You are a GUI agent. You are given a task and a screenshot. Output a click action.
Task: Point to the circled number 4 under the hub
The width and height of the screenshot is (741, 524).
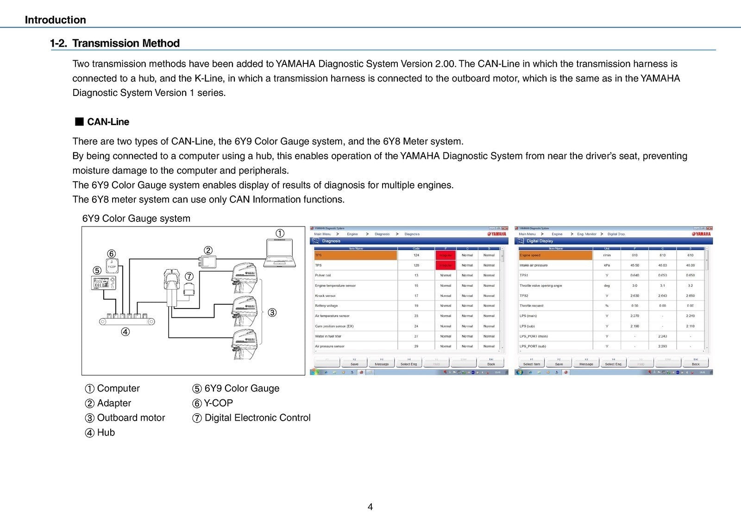click(x=125, y=332)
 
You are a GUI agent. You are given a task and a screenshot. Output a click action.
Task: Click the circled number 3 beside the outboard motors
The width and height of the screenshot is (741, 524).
click(x=272, y=313)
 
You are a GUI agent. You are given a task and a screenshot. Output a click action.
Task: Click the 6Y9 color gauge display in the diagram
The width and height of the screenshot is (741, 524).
click(x=104, y=283)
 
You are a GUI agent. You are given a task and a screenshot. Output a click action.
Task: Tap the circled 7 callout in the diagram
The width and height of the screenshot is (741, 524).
click(x=189, y=277)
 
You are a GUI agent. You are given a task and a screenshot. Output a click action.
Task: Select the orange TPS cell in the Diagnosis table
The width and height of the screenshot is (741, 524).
click(x=356, y=255)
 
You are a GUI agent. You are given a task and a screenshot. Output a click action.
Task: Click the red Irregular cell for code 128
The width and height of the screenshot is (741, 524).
click(x=446, y=265)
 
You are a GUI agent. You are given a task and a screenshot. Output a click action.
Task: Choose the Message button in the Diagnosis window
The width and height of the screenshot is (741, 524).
click(x=382, y=363)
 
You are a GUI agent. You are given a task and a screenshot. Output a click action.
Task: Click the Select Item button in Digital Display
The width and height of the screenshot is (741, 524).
click(x=531, y=363)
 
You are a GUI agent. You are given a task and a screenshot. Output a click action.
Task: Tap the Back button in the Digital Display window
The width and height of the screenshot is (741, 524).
click(x=695, y=363)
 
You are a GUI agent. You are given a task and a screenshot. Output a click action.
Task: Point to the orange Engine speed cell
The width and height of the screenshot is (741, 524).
click(x=556, y=255)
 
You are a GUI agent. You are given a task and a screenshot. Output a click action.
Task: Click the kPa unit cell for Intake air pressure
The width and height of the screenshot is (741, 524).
click(x=607, y=265)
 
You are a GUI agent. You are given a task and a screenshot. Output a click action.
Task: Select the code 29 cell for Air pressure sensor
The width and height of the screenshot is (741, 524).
click(x=416, y=346)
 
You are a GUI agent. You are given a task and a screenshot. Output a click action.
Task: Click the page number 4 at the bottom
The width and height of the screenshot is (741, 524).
click(x=370, y=507)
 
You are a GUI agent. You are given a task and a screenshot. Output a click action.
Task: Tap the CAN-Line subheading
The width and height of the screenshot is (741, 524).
click(x=108, y=122)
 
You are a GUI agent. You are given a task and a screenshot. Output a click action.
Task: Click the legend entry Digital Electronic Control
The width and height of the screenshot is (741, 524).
click(x=257, y=418)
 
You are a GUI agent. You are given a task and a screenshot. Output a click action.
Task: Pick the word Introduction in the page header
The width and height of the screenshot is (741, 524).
click(x=55, y=20)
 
